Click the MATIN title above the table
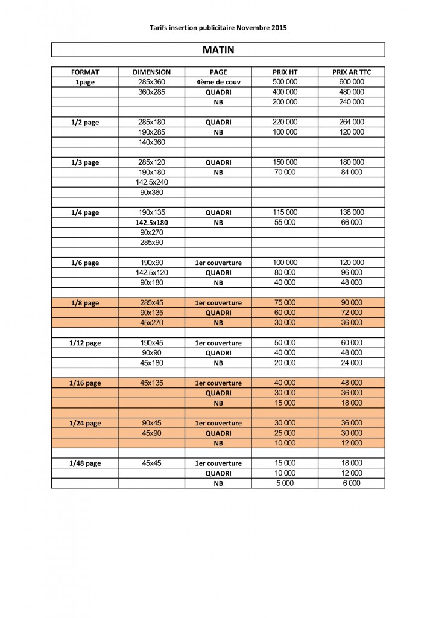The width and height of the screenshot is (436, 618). coord(218,50)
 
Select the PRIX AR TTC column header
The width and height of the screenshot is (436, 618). coord(352,72)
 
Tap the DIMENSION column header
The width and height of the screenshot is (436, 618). coord(151,72)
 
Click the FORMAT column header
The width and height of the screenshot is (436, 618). coord(85,72)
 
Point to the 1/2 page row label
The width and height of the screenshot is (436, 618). coord(85,122)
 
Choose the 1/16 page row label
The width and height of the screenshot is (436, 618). coord(85,383)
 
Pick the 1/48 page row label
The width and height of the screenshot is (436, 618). coord(85,463)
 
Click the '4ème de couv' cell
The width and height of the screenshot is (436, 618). coord(218,82)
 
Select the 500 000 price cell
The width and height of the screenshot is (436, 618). coord(285,81)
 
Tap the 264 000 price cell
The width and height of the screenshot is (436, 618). coord(352,122)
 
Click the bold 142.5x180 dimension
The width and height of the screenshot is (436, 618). coord(151,223)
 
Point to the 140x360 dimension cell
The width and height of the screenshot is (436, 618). coord(151,142)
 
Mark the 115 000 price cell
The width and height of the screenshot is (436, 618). coord(285,212)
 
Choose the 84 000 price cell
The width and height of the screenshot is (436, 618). coord(352,172)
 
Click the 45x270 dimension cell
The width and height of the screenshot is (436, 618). coord(151,323)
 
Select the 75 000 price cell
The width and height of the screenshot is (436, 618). coord(285,303)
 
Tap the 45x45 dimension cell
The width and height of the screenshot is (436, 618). coord(151,463)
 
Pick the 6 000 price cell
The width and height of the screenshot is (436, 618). coord(352,483)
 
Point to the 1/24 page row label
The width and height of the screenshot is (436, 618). coord(85,423)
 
